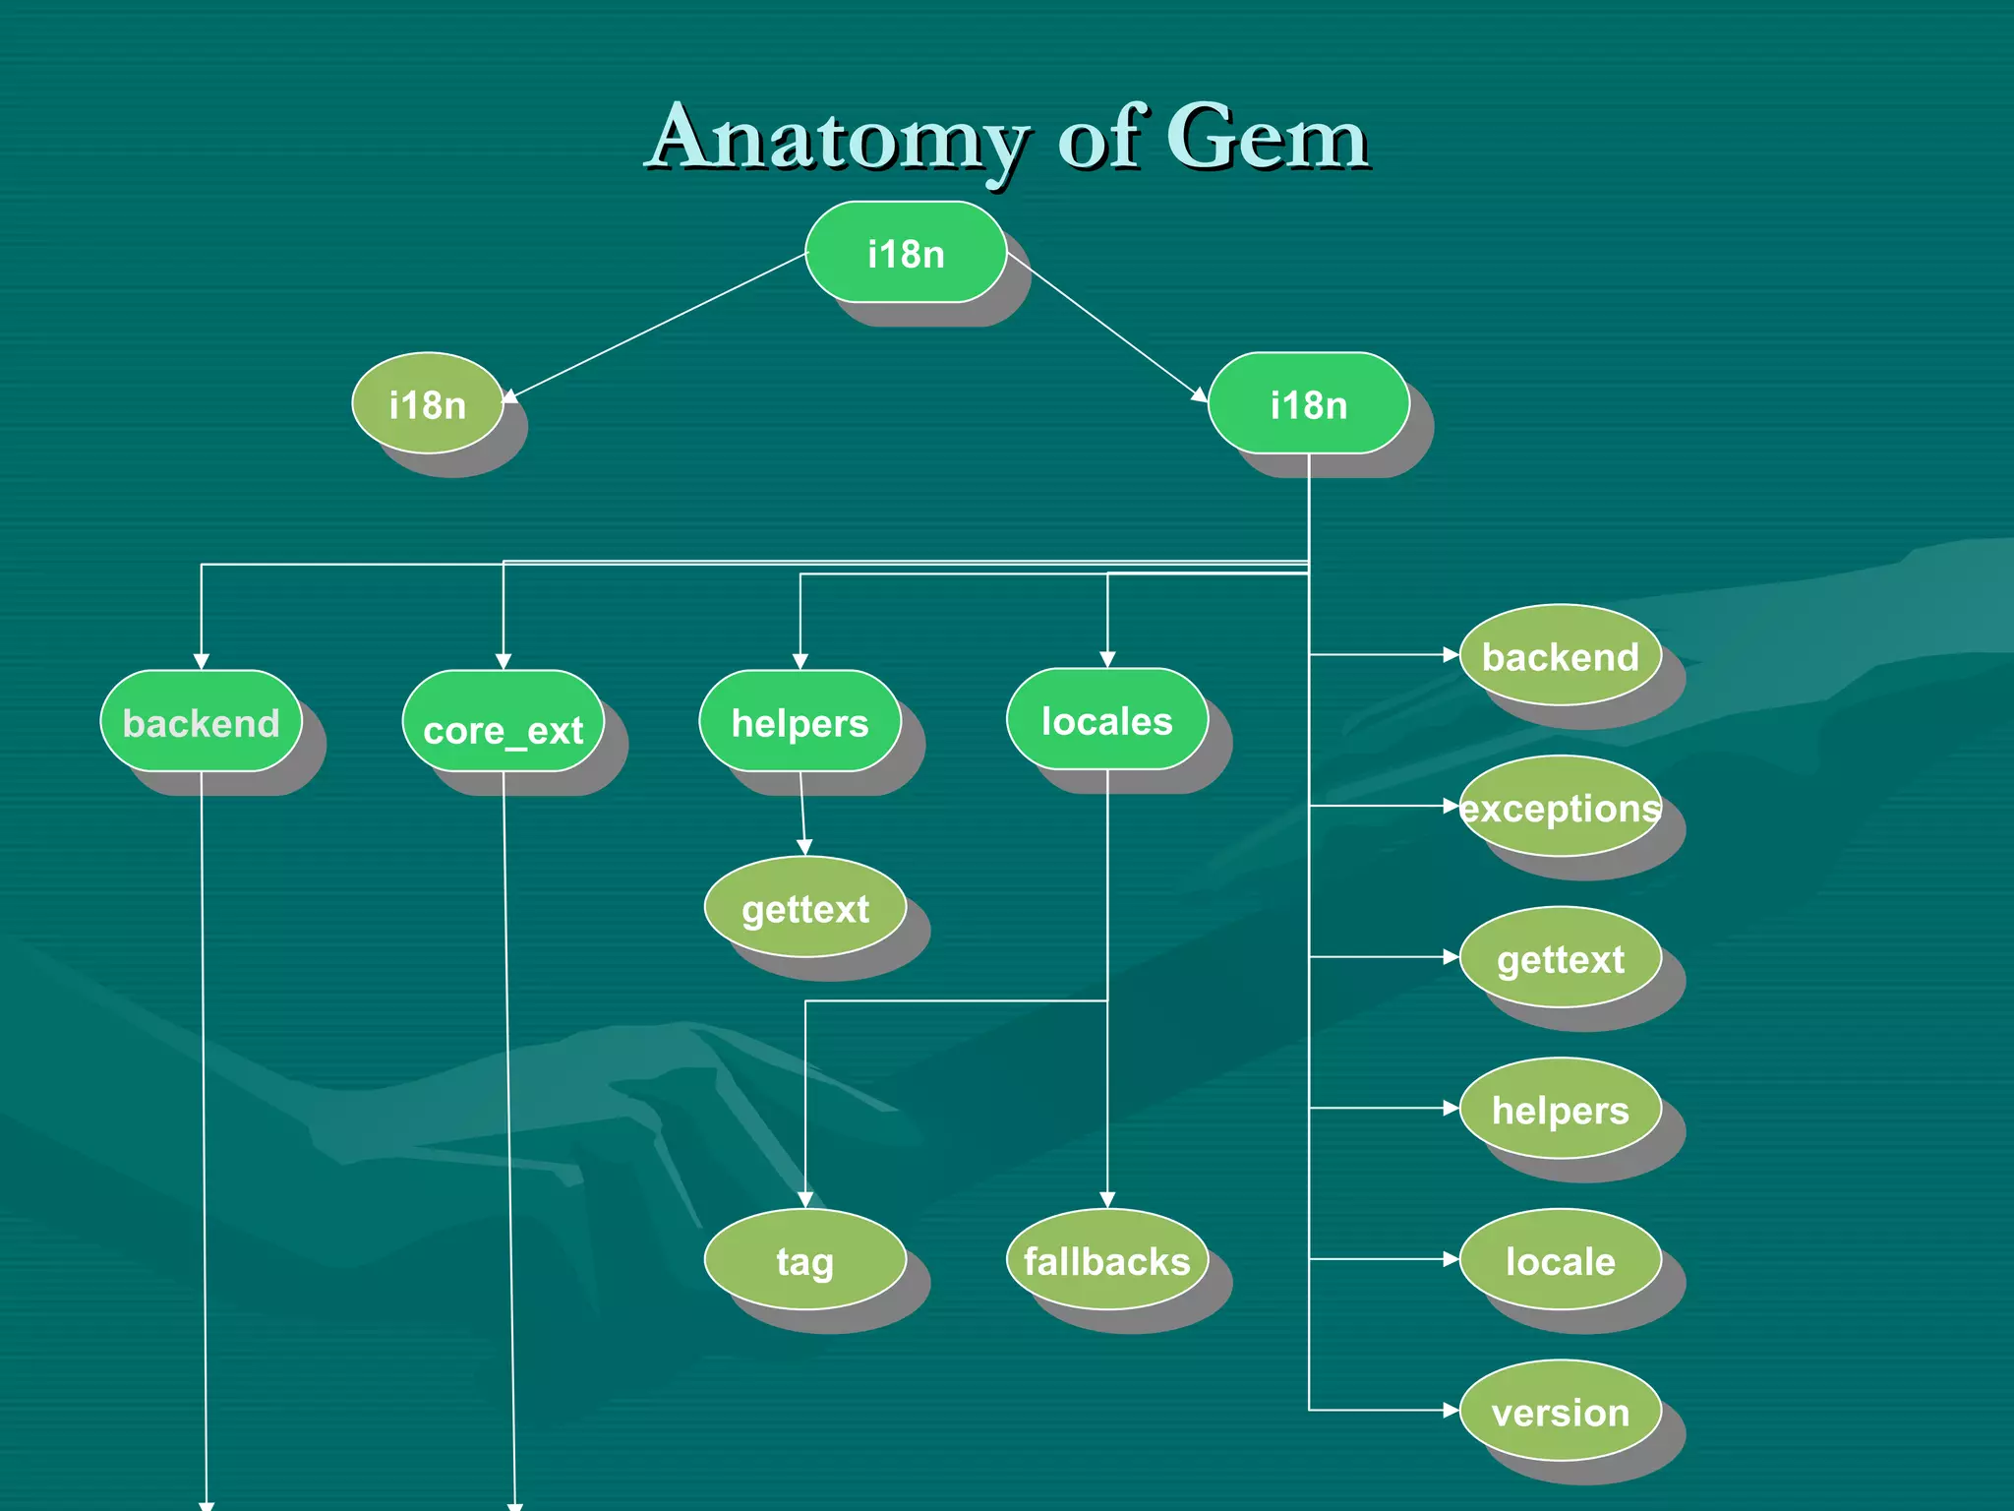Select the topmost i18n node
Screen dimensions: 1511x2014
906,253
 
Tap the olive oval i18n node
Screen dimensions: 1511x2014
428,403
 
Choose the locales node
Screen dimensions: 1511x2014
1107,720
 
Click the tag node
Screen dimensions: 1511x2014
804,1260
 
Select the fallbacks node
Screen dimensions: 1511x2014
1107,1260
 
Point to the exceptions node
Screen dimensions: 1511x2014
1561,807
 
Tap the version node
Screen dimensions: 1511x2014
1561,1411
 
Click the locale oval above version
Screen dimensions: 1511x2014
1561,1260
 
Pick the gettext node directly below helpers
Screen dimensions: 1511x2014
804,907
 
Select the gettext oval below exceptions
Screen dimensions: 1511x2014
1561,957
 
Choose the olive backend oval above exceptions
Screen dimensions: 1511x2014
1561,655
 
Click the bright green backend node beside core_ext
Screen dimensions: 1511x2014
201,722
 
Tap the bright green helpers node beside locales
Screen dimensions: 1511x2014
800,722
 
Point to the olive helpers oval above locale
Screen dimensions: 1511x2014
1561,1109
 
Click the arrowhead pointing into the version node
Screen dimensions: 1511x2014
1451,1411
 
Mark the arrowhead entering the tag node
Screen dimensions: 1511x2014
805,1200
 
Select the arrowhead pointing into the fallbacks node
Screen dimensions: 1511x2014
1107,1200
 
